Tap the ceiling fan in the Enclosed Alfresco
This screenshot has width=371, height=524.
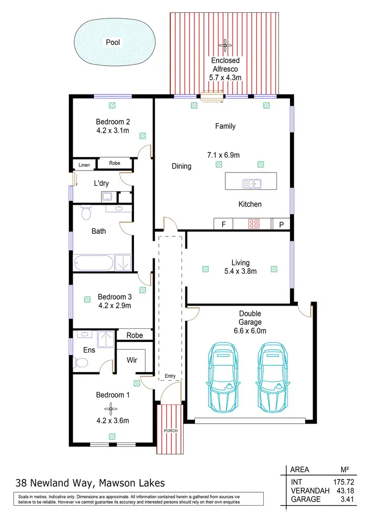coord(226,46)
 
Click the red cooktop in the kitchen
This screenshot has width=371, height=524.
coord(254,224)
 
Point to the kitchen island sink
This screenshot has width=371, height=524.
coord(252,184)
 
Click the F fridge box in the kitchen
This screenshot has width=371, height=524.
coord(224,224)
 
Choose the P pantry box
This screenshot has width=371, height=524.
coord(281,224)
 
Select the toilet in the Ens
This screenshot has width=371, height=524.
coord(81,363)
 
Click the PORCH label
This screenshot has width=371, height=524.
coord(171,430)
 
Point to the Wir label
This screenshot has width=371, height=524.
coord(132,360)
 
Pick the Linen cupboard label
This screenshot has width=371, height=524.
coord(84,165)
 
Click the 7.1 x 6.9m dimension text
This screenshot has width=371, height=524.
coord(224,155)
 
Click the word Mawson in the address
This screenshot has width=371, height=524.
coord(121,483)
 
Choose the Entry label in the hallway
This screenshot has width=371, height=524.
coord(170,376)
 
